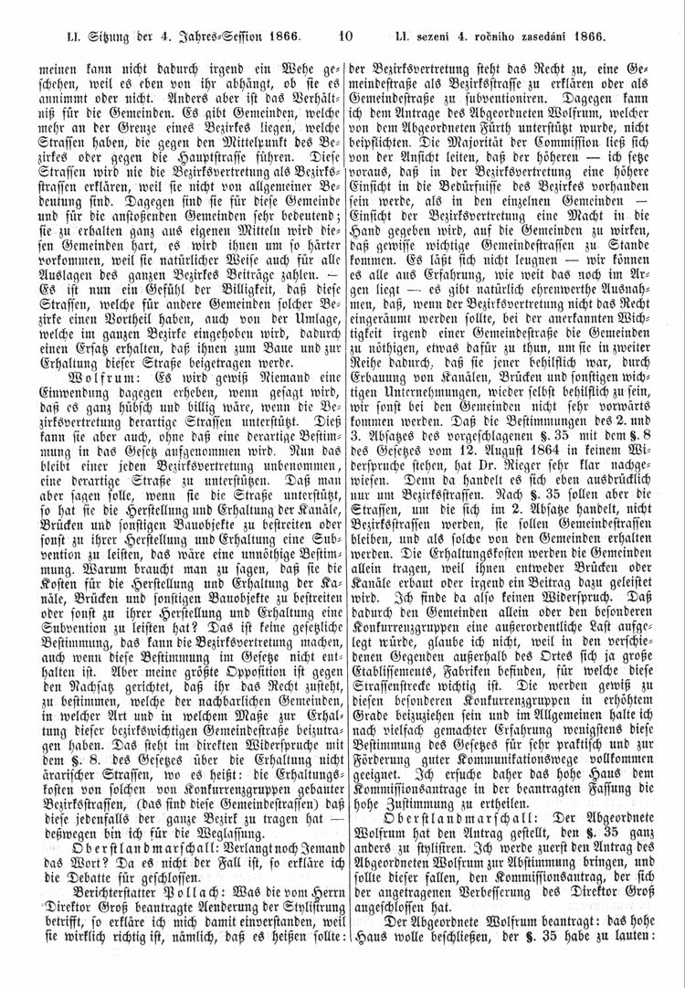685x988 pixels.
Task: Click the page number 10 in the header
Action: pos(344,37)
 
